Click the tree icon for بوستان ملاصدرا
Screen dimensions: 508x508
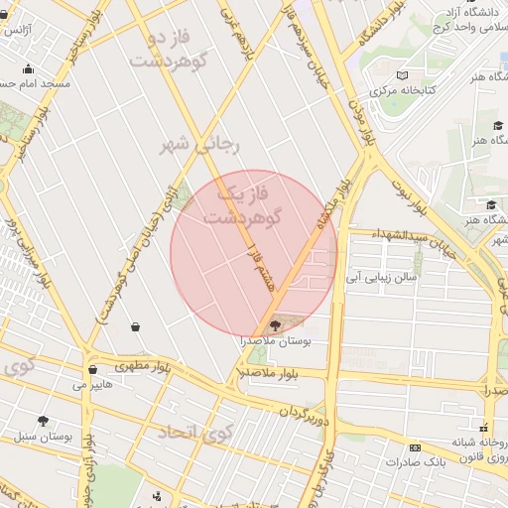[276, 323]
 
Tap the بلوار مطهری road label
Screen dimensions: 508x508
[143, 365]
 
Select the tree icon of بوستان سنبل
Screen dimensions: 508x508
[43, 421]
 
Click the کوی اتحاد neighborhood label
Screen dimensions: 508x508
[193, 431]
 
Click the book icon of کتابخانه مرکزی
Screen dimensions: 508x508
[402, 75]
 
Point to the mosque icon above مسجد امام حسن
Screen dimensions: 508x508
[28, 68]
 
